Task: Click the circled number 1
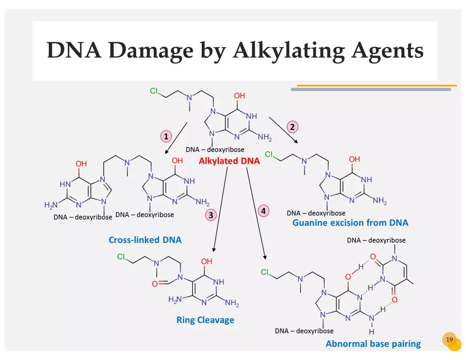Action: (167, 136)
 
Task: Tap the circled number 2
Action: (292, 127)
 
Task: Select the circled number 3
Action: (211, 214)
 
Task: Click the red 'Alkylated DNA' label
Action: (229, 161)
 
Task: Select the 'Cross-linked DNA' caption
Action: (145, 240)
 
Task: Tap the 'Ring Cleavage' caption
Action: (205, 320)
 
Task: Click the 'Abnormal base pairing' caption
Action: (373, 344)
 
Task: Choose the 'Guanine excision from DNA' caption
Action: (350, 223)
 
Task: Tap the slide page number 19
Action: (449, 339)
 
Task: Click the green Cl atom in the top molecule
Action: (154, 91)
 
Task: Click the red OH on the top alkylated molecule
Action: (239, 96)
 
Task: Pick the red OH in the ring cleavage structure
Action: (207, 262)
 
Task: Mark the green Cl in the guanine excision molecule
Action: (269, 155)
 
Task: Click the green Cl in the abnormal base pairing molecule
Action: (267, 273)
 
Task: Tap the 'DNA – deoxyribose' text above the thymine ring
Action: (376, 240)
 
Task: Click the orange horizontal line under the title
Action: (377, 85)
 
